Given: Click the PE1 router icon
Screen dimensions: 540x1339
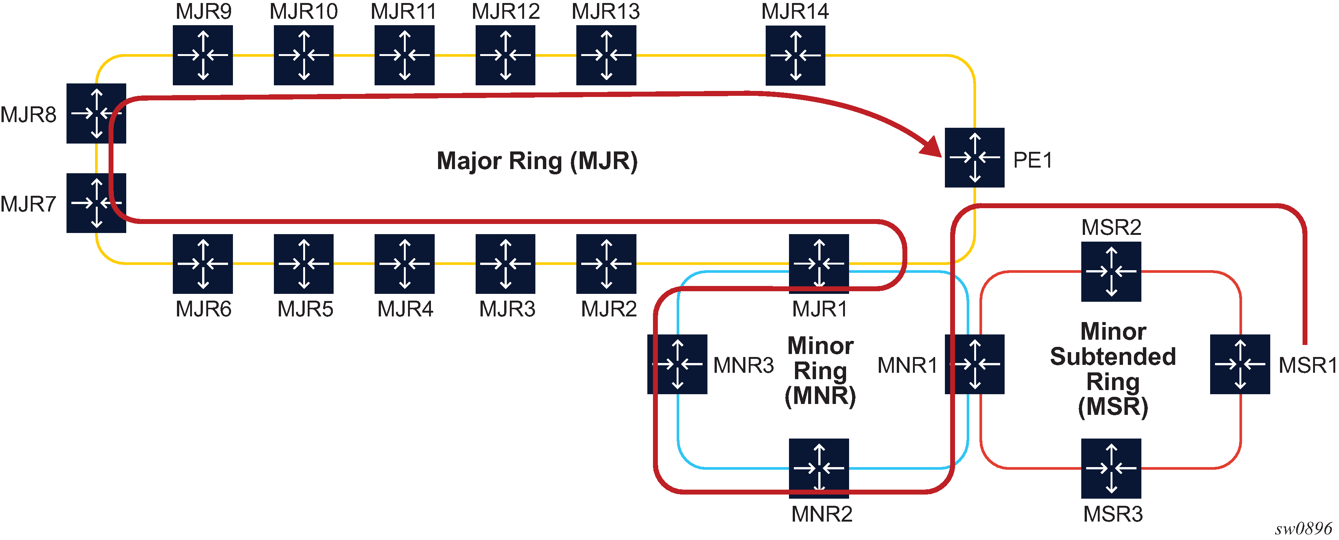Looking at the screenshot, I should click(x=974, y=157).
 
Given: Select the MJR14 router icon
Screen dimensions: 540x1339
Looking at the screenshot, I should click(x=795, y=55).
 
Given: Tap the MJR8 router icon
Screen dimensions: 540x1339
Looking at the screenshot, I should click(x=96, y=113).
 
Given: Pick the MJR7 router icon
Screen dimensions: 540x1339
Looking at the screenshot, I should click(x=96, y=203).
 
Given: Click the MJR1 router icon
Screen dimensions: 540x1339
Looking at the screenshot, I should click(x=819, y=263).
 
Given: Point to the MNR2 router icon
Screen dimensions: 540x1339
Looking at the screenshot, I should click(x=819, y=468).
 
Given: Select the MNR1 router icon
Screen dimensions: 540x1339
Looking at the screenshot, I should click(x=974, y=364).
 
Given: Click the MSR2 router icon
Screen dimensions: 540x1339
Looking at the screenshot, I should click(x=1111, y=271).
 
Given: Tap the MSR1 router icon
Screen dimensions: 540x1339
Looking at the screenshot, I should click(x=1240, y=364).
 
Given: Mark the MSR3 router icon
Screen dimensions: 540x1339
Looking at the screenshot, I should click(x=1111, y=468).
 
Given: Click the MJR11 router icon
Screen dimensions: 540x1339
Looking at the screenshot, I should click(x=404, y=55).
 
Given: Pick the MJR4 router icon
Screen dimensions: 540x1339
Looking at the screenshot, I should click(x=404, y=263).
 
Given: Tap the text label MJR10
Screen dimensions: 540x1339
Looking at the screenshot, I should click(x=304, y=11).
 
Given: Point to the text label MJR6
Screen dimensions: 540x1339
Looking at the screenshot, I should click(x=203, y=309).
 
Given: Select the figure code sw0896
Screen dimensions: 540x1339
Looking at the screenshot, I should click(x=1303, y=529).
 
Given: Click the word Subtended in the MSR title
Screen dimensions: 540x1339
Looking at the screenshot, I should click(x=1112, y=357).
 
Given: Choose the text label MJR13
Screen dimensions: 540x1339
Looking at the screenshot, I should click(x=606, y=11).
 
